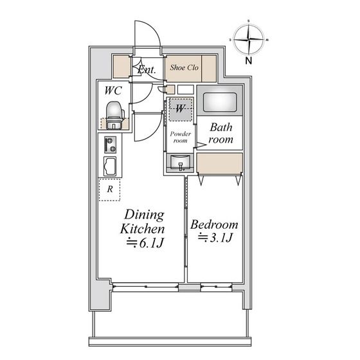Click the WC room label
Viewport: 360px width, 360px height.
coord(113,91)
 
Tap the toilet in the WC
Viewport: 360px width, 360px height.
coord(114,115)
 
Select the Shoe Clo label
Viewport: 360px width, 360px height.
coord(184,67)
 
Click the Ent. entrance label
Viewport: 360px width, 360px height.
coord(147,69)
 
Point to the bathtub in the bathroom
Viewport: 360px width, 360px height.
coord(220,102)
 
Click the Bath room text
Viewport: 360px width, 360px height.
coord(221,133)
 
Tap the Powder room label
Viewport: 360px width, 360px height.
coord(181,137)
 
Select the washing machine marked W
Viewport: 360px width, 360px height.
coord(181,109)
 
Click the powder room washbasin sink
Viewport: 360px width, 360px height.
coord(181,162)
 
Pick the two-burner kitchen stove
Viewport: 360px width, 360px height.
coord(110,145)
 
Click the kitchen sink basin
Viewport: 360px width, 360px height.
coord(110,166)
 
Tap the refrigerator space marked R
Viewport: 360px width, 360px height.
coord(109,190)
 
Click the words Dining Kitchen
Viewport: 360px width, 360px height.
coord(142,222)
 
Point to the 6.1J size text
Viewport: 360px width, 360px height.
coord(145,243)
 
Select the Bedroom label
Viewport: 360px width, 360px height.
coord(214,225)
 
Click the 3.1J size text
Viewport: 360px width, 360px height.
coord(215,238)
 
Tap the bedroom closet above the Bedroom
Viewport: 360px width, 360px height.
coord(220,163)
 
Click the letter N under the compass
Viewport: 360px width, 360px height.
coord(249,61)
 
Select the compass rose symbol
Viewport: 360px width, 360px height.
coord(249,39)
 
